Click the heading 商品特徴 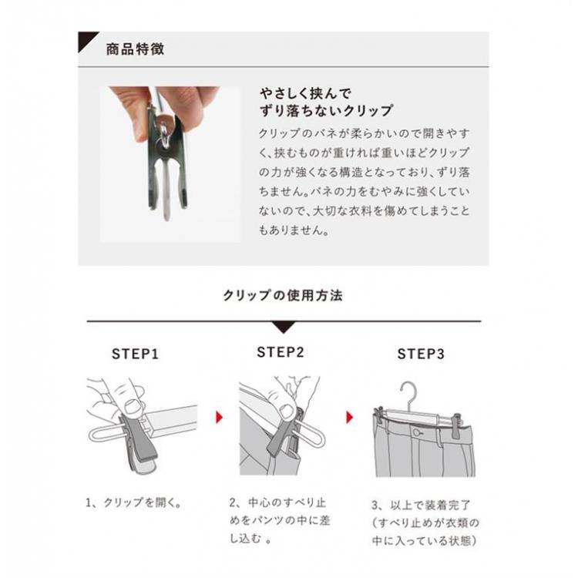pyautogui.click(x=135, y=49)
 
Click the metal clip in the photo pyautogui.click(x=168, y=162)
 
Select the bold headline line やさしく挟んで pyautogui.click(x=305, y=93)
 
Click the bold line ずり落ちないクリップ pyautogui.click(x=326, y=110)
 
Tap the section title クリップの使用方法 pyautogui.click(x=283, y=296)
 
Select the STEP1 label pyautogui.click(x=136, y=354)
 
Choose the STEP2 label pyautogui.click(x=281, y=352)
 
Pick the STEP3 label pyautogui.click(x=421, y=354)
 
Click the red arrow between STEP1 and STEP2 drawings pyautogui.click(x=220, y=417)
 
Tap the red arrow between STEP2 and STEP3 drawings pyautogui.click(x=349, y=417)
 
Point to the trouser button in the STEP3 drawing pyautogui.click(x=417, y=432)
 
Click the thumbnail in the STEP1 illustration pyautogui.click(x=132, y=407)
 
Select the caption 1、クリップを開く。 pyautogui.click(x=134, y=502)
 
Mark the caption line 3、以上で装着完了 pyautogui.click(x=421, y=505)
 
